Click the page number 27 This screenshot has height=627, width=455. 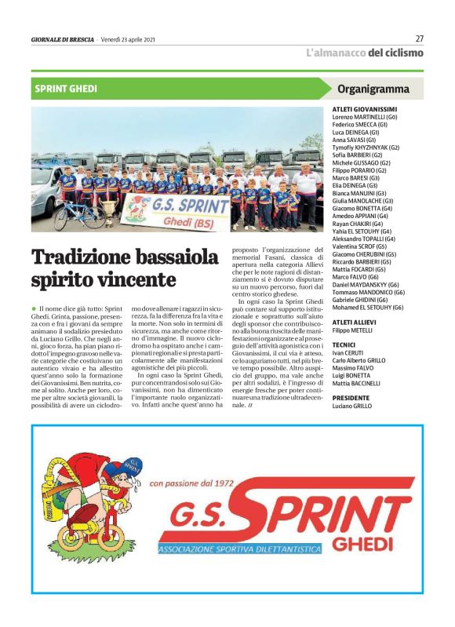click(419, 38)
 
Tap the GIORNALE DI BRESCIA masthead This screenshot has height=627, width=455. click(62, 39)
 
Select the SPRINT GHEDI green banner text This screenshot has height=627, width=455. click(66, 89)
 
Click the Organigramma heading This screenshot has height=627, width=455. click(373, 89)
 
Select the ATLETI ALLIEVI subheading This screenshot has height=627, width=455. click(359, 322)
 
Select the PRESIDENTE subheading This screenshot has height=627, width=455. click(352, 397)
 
